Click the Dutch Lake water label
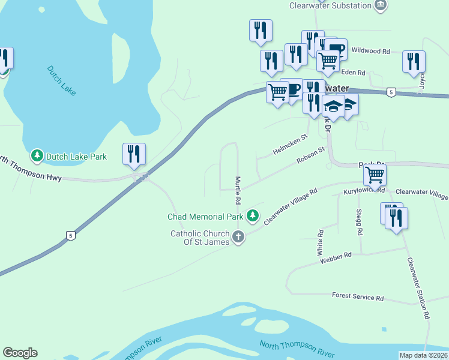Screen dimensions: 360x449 (x=61, y=80)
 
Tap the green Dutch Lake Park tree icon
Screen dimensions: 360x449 (x=37, y=157)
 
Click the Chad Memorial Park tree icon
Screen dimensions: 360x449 (x=253, y=215)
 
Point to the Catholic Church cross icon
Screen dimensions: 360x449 (x=238, y=236)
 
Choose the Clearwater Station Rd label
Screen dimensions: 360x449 (x=418, y=287)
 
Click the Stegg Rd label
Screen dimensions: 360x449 (x=359, y=223)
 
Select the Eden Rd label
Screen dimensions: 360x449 (x=353, y=73)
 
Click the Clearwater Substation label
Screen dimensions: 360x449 (x=330, y=5)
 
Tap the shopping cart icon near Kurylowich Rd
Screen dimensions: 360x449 (x=375, y=175)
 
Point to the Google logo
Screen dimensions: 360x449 (x=20, y=353)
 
